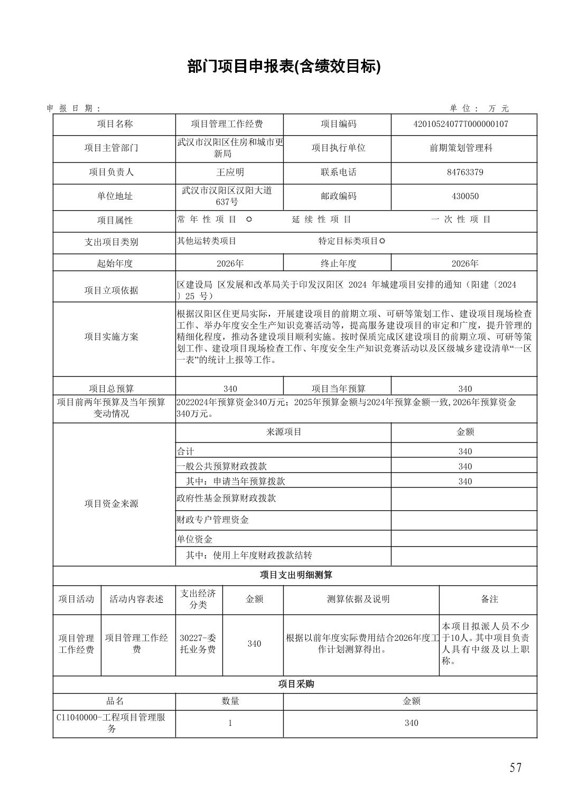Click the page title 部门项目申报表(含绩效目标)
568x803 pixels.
click(x=284, y=67)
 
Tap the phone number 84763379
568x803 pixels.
click(x=464, y=172)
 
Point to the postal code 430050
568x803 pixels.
click(x=464, y=196)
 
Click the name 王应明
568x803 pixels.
click(x=230, y=172)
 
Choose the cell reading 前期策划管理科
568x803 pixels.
click(x=461, y=148)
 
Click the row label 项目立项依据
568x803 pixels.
click(x=111, y=290)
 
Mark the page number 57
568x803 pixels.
click(x=516, y=768)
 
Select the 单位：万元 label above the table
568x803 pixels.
click(x=479, y=108)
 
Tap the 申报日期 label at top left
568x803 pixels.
click(x=73, y=108)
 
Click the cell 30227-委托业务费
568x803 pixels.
click(x=198, y=643)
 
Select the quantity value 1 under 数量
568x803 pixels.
click(x=230, y=723)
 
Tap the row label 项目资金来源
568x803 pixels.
click(x=111, y=503)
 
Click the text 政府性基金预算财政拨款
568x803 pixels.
click(x=226, y=498)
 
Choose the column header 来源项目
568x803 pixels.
click(x=283, y=432)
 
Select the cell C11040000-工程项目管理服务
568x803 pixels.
click(x=111, y=723)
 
